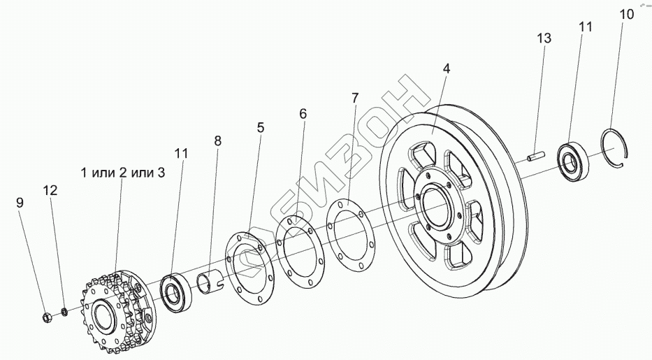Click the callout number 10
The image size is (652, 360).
click(626, 14)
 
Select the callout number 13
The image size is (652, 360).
click(544, 38)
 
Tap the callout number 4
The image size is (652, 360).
click(447, 69)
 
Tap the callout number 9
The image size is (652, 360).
click(20, 203)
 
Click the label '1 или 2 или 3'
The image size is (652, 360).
click(122, 172)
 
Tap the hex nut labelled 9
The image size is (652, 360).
click(45, 317)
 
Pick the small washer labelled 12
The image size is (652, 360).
click(64, 311)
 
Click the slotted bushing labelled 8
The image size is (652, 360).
click(208, 280)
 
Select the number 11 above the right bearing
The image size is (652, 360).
click(585, 27)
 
